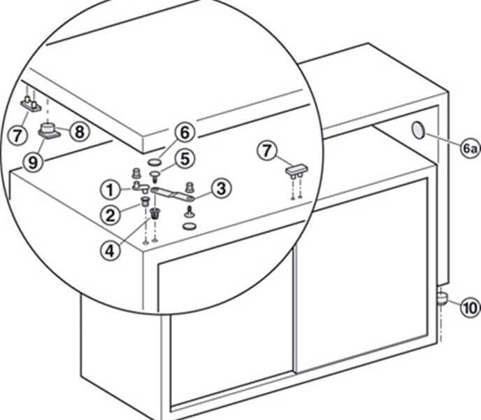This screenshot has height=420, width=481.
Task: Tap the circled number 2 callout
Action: (x=109, y=215)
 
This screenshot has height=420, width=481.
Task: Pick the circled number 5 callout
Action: (x=184, y=159)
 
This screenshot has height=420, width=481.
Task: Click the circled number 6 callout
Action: (x=184, y=132)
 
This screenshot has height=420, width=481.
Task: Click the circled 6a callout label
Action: (x=466, y=148)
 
